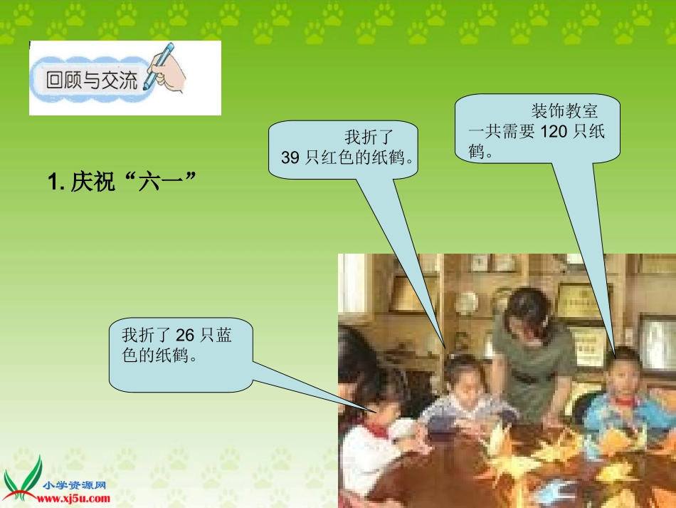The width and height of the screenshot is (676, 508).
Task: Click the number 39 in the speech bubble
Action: tap(290, 158)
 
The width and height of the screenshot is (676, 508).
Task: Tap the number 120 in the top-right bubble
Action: tap(554, 132)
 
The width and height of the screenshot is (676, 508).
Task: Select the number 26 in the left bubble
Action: tap(185, 335)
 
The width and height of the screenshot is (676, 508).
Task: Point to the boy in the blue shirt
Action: tap(626, 399)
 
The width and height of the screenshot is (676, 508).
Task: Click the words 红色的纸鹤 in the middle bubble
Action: tap(366, 158)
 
